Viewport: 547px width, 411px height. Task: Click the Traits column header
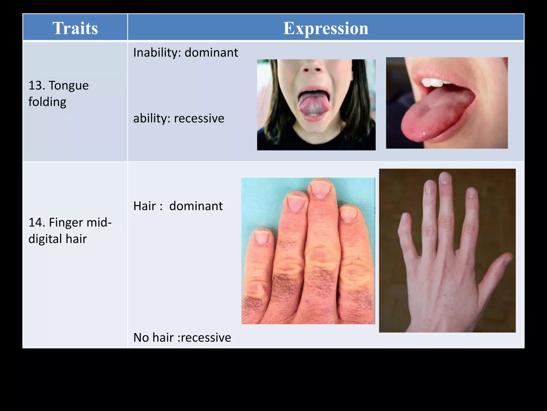[75, 28]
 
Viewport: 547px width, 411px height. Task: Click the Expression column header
[326, 28]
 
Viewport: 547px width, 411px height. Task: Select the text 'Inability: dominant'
[185, 52]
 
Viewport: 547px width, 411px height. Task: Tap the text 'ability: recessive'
[178, 118]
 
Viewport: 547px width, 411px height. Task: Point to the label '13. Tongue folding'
[58, 94]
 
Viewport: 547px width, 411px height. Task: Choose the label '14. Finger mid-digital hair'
[70, 230]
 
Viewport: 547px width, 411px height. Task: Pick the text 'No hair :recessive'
[182, 337]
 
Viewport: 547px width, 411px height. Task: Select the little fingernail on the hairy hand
[262, 237]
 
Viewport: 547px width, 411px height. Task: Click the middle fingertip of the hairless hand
[444, 178]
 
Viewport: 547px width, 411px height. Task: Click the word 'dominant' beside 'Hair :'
[196, 206]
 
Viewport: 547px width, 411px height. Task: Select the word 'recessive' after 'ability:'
[199, 118]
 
